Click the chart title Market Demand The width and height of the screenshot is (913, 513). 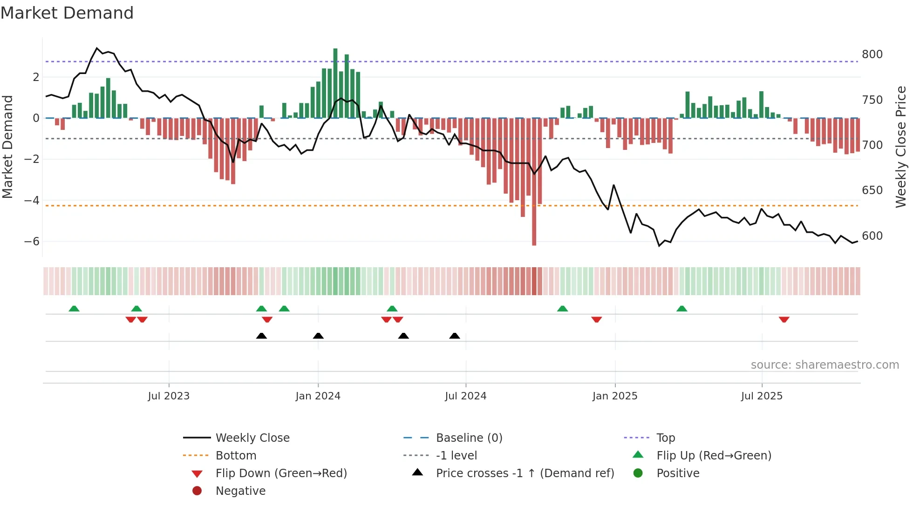click(67, 13)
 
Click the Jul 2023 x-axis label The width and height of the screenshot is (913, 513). click(169, 396)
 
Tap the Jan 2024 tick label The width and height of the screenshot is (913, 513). click(318, 396)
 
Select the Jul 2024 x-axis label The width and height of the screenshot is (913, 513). click(465, 396)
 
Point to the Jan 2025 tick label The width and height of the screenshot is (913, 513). click(614, 396)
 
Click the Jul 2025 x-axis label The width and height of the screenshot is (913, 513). click(762, 396)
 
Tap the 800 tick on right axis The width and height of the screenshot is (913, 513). click(872, 54)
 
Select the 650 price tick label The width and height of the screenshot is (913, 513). click(872, 190)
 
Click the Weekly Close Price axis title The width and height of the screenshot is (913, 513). click(901, 147)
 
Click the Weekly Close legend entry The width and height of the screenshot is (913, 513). click(252, 438)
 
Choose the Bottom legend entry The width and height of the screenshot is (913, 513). click(236, 456)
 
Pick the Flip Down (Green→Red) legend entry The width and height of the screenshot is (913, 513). click(281, 473)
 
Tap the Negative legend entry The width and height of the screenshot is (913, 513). click(240, 491)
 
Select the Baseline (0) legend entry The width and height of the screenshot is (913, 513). click(469, 438)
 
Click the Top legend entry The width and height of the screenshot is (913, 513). click(665, 438)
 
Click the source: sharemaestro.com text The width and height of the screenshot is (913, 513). click(824, 365)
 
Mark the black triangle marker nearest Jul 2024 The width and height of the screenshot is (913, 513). click(455, 336)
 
